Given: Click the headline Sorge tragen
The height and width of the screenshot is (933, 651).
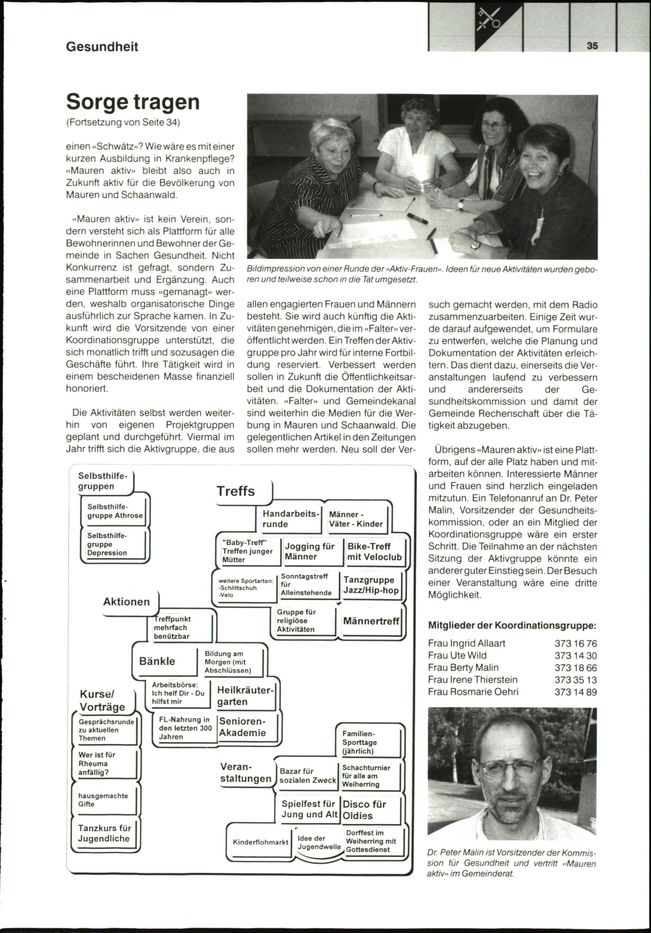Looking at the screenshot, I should pyautogui.click(x=133, y=102).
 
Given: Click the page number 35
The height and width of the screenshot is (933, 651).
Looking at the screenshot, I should pyautogui.click(x=592, y=46).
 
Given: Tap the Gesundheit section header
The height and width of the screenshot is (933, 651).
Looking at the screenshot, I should pyautogui.click(x=102, y=47).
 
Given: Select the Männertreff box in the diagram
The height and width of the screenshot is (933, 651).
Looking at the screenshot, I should pyautogui.click(x=371, y=621).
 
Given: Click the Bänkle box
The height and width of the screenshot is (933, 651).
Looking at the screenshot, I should pyautogui.click(x=157, y=661).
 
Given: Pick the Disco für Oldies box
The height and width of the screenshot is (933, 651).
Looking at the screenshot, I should pyautogui.click(x=365, y=810).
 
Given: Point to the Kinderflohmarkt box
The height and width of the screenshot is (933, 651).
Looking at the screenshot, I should pyautogui.click(x=260, y=842).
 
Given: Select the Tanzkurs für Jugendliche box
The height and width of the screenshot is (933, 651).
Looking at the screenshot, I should pyautogui.click(x=104, y=834).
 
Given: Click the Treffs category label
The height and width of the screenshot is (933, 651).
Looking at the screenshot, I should pyautogui.click(x=236, y=491).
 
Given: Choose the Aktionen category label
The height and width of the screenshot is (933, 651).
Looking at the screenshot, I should pyautogui.click(x=126, y=602).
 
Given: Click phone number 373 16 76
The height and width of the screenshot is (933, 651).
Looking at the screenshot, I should pyautogui.click(x=576, y=644).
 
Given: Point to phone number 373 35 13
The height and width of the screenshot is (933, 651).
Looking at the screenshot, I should pyautogui.click(x=576, y=680).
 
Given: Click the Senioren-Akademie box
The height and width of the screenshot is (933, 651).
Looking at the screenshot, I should pyautogui.click(x=242, y=728).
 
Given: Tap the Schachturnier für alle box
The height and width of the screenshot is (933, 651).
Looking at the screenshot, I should pyautogui.click(x=366, y=776).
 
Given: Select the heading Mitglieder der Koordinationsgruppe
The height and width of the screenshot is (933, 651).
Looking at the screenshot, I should pyautogui.click(x=512, y=625).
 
